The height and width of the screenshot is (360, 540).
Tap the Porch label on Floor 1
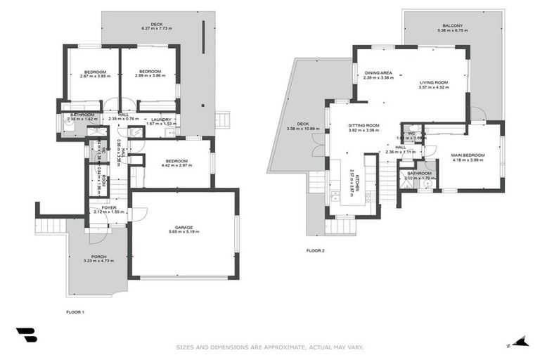98,256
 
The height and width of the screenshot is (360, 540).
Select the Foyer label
109,207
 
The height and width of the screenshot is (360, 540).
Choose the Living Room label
433,82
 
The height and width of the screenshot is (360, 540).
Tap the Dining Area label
379,72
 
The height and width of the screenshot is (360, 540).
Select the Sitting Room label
364,125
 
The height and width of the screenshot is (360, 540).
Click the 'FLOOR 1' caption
75,311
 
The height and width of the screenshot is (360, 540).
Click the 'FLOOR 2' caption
316,250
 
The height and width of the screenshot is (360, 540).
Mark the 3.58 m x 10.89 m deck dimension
303,129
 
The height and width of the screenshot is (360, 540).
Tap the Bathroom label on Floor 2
419,173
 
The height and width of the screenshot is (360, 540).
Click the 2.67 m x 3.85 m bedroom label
96,75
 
